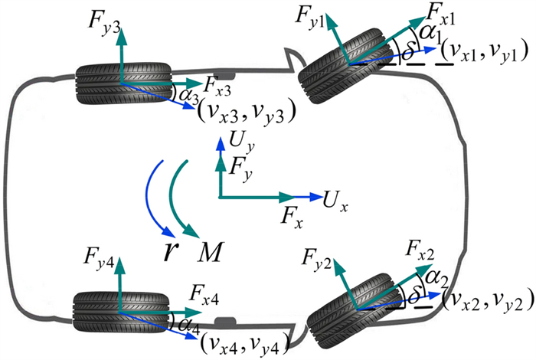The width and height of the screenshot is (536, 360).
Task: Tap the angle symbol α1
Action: point(429,34)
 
